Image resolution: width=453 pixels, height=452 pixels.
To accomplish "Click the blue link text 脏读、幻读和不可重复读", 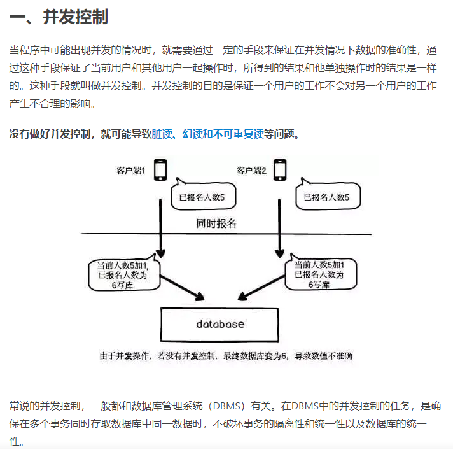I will pos(207,134).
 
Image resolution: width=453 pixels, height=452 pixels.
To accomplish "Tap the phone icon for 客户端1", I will pos(160,170).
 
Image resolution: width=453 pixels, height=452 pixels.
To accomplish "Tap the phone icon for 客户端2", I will pos(279,170).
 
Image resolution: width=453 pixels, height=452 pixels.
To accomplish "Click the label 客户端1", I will pos(131,171).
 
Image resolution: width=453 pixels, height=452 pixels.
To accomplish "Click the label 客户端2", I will pos(251,171).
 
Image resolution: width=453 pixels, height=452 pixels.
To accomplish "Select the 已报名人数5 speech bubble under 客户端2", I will pos(326,197).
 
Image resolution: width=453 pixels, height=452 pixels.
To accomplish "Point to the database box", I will pos(220,324).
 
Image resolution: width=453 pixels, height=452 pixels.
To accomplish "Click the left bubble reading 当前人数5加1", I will pos(122,274).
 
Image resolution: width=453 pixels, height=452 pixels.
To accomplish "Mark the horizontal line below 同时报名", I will pos(127,234).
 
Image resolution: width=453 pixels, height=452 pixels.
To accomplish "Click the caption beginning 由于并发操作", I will pos(225,356).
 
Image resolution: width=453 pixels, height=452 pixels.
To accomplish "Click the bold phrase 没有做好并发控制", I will pos(49,134).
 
